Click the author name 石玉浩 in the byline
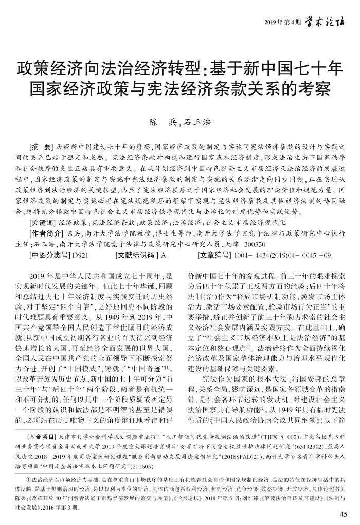(x=195, y=122)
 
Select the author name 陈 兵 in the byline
(x=160, y=122)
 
